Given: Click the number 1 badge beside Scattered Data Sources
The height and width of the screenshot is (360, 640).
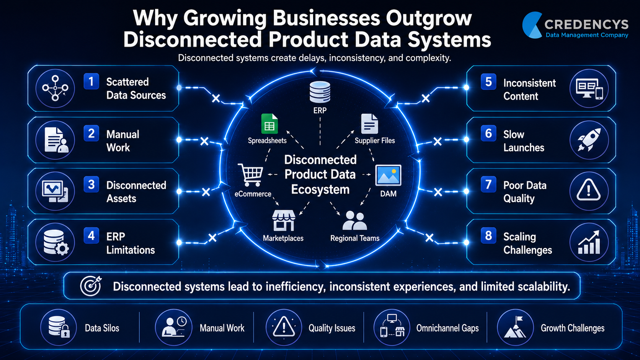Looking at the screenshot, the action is click(x=91, y=81).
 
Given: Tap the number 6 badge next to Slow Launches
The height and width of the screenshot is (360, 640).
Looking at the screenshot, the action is click(x=488, y=133).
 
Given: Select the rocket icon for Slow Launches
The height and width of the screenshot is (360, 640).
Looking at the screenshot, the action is click(x=589, y=140).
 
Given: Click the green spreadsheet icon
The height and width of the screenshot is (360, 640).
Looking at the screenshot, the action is click(x=269, y=124).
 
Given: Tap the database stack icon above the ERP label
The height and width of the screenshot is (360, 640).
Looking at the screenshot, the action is click(x=320, y=92).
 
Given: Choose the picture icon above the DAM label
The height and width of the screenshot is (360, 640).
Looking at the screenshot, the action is click(x=388, y=175).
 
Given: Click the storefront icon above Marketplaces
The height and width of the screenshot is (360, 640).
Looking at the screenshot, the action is click(x=283, y=220).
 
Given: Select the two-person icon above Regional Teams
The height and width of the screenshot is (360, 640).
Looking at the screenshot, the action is click(x=354, y=220).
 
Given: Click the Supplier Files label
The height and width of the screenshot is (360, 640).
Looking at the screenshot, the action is click(x=375, y=140).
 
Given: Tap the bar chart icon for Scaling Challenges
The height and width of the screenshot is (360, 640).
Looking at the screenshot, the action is click(x=589, y=243).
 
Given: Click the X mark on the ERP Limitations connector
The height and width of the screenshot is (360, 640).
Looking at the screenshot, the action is click(x=212, y=238).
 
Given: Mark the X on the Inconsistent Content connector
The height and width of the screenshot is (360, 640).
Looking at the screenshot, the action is click(x=425, y=98).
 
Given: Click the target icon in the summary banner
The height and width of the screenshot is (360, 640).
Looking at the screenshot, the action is click(x=91, y=286).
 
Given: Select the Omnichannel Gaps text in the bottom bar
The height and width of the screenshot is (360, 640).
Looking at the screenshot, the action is click(x=447, y=328).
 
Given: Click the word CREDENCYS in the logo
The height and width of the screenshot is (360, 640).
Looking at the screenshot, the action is click(x=586, y=24).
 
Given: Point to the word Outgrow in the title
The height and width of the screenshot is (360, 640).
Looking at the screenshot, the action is click(x=429, y=18).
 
